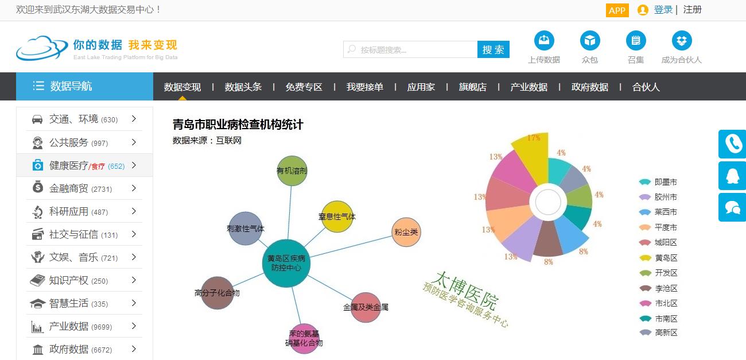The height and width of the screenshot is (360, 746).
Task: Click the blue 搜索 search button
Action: pyautogui.click(x=493, y=49)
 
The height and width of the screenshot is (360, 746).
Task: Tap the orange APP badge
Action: pyautogui.click(x=617, y=10)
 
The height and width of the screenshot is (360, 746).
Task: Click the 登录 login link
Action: pyautogui.click(x=663, y=10)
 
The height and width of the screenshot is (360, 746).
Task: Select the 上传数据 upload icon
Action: pyautogui.click(x=544, y=41)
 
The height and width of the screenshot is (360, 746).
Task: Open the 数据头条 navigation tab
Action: pyautogui.click(x=243, y=87)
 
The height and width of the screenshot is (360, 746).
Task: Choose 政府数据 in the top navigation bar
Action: pyautogui.click(x=589, y=87)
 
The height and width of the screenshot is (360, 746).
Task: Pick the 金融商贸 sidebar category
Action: pyautogui.click(x=69, y=188)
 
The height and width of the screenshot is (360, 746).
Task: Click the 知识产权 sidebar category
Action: pyautogui.click(x=69, y=280)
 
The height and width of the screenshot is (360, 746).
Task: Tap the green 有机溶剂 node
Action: pyautogui.click(x=292, y=171)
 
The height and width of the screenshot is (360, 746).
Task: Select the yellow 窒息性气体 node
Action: pyautogui.click(x=337, y=216)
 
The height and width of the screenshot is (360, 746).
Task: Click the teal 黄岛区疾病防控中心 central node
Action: pyautogui.click(x=286, y=263)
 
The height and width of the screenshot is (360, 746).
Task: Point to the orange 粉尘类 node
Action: pyautogui.click(x=406, y=232)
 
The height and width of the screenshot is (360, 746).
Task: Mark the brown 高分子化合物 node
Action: pyautogui.click(x=217, y=293)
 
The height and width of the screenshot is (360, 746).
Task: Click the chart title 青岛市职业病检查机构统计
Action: pyautogui.click(x=238, y=125)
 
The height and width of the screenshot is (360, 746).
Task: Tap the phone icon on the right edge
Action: pyautogui.click(x=732, y=144)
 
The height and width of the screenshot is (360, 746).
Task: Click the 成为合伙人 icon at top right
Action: pyautogui.click(x=682, y=41)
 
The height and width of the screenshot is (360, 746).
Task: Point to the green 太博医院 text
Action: pyautogui.click(x=465, y=290)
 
